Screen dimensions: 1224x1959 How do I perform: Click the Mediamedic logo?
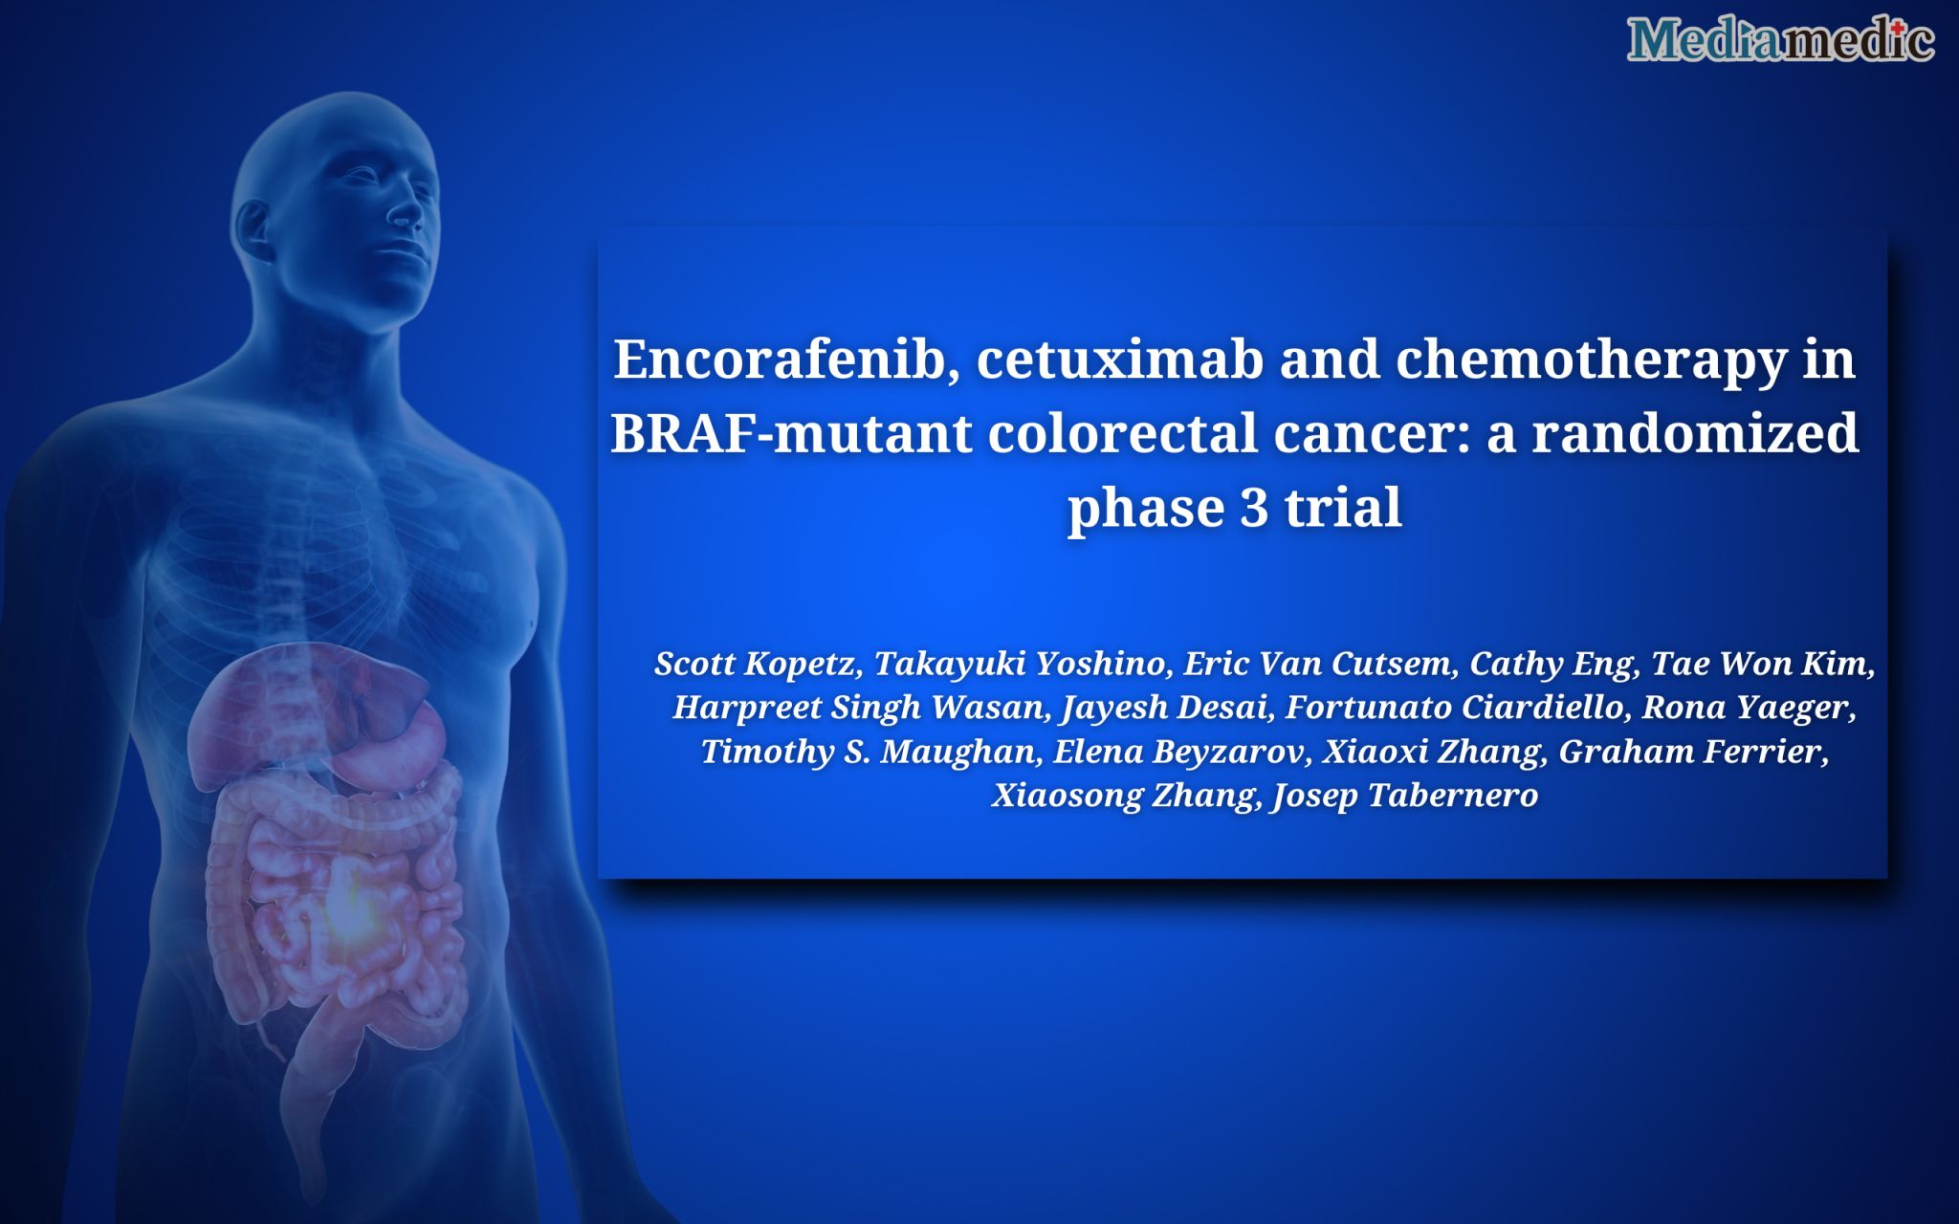pos(1780,40)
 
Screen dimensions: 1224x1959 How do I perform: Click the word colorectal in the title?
pos(1121,433)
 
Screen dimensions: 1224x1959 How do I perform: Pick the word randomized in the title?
pos(1695,433)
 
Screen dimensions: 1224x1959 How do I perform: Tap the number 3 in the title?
pos(1254,508)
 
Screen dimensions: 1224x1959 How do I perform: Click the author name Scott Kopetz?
pos(755,663)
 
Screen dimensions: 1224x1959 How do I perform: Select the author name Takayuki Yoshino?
pos(1020,663)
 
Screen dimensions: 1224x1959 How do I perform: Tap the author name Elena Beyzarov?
pos(1180,752)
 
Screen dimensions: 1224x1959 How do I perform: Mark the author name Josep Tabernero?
pos(1404,796)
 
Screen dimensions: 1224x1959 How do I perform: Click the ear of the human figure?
pos(254,229)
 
